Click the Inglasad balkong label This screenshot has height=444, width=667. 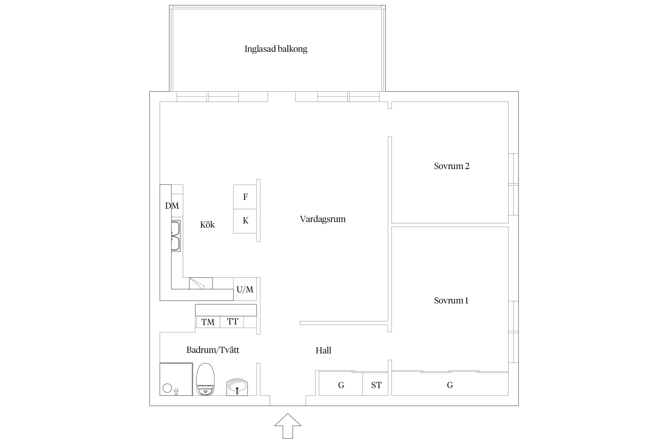point(276,49)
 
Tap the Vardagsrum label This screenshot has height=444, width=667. point(323,219)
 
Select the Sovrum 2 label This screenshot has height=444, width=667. point(451,166)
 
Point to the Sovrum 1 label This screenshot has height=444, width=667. point(451,300)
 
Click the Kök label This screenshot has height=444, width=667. point(207,225)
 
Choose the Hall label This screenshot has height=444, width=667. point(323,350)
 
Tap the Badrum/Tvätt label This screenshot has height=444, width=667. point(213,350)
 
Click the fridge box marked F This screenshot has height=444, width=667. point(245,197)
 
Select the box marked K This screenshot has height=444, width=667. point(245,221)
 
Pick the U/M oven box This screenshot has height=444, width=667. point(245,289)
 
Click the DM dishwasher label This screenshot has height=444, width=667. point(172,206)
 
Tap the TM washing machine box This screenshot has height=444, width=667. point(208,322)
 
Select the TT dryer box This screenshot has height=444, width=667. point(232,321)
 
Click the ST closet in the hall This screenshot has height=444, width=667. point(376,385)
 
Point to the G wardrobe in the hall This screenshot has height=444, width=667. point(341,385)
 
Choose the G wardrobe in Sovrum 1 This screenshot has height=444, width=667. point(450,385)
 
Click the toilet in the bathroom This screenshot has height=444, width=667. point(205,379)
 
